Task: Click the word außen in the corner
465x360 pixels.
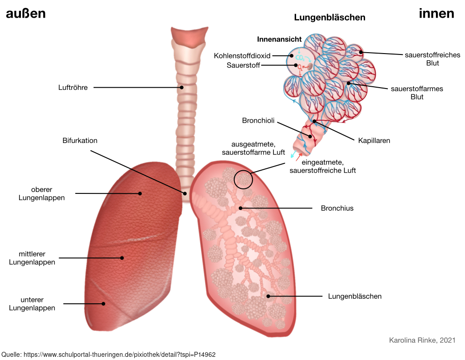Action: pos(26,14)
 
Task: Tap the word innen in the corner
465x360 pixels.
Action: pos(436,14)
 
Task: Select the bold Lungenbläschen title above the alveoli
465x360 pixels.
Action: pos(330,18)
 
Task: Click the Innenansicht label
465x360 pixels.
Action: pos(279,39)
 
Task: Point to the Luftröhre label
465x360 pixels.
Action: pos(73,88)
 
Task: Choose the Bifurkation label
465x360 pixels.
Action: pos(80,141)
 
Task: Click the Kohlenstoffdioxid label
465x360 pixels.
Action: pos(242,56)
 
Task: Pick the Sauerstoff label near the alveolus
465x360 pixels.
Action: pos(243,65)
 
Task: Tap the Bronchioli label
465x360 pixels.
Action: pos(258,120)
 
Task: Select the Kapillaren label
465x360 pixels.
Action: pos(374,141)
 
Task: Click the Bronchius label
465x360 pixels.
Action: pos(337,208)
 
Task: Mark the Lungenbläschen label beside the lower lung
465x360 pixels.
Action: pos(355,296)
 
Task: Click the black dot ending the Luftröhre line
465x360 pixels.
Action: pos(182,88)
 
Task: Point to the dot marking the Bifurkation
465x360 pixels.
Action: pos(185,193)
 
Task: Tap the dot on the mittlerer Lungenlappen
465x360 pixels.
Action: pos(122,258)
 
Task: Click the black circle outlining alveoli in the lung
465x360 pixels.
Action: pos(234,179)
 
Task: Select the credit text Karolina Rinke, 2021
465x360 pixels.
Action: pos(422,340)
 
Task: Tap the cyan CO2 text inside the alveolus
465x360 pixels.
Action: pos(300,58)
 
